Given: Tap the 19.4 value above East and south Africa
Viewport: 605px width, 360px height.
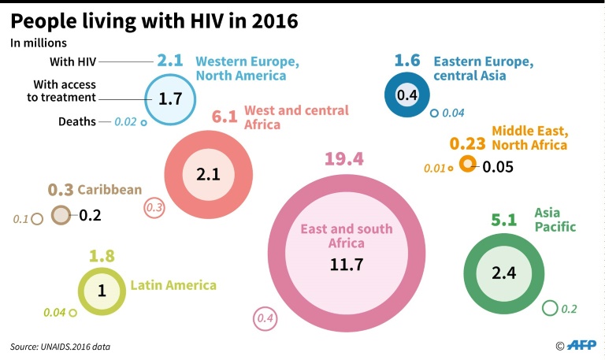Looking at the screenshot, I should point(343,159).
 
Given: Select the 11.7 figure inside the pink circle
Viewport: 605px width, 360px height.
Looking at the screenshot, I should point(347,264).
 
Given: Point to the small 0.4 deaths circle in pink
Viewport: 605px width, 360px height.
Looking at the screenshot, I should point(265,319).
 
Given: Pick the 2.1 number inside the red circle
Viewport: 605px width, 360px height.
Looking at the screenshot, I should point(208,174).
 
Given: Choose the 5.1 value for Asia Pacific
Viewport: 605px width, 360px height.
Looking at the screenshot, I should point(503,221).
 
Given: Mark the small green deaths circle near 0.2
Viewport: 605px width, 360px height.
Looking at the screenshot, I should point(550,308).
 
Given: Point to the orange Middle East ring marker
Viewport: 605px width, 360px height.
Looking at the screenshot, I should point(467,164).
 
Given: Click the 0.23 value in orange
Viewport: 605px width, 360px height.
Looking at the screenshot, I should point(467,144).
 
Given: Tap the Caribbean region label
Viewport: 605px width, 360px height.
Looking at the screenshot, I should point(109,189).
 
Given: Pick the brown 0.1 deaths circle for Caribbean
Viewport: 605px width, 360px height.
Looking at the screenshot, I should point(36,219).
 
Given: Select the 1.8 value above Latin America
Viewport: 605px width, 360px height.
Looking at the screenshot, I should point(102,255).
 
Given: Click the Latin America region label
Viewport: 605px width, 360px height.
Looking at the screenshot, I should point(173,285).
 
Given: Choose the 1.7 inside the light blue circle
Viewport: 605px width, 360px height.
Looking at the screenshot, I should point(170,99).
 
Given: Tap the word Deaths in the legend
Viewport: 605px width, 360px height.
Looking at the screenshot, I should point(77,121).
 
